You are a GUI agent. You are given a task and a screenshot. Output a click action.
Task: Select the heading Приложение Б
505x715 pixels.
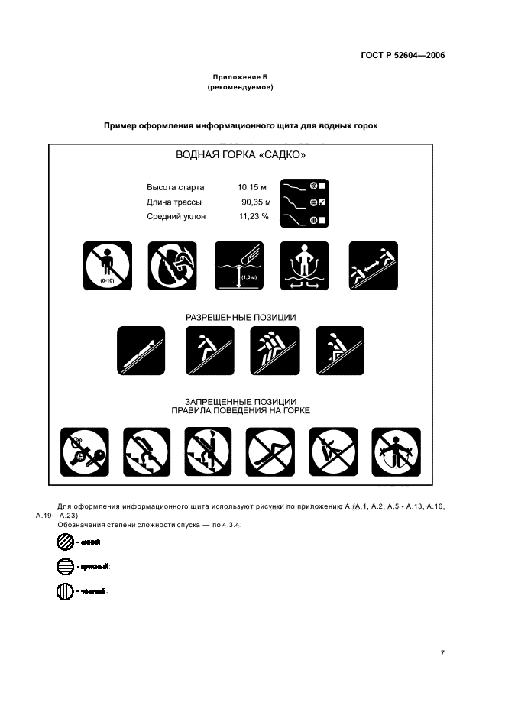240,78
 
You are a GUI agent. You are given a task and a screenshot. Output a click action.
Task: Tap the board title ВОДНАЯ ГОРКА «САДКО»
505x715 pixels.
241,155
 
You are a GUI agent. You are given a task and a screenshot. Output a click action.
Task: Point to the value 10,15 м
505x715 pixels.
252,186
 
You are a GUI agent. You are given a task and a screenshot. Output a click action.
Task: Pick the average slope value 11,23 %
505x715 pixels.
254,217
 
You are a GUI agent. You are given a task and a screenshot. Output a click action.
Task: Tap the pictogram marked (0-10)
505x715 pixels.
107,265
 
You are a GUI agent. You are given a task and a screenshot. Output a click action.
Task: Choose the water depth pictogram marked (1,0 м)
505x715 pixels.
239,265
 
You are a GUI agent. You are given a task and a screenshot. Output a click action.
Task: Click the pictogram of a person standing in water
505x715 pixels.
304,265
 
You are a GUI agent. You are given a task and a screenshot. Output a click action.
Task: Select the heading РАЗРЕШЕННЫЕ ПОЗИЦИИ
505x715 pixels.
241,316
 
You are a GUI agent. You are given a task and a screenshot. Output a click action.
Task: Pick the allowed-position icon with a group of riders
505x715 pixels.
275,351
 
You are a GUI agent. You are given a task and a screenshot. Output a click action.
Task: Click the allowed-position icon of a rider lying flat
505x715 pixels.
141,351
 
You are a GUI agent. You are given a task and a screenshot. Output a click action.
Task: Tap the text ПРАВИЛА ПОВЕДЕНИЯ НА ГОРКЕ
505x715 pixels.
241,410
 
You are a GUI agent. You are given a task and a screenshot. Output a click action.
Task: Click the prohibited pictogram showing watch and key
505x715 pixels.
85,451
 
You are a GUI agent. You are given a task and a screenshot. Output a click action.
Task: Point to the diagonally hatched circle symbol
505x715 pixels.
65,542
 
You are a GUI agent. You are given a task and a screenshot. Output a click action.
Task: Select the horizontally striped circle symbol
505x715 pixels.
65,566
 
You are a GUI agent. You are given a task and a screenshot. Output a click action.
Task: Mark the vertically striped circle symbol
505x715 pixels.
65,591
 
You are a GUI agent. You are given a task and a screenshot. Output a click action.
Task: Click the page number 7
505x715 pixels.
442,652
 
